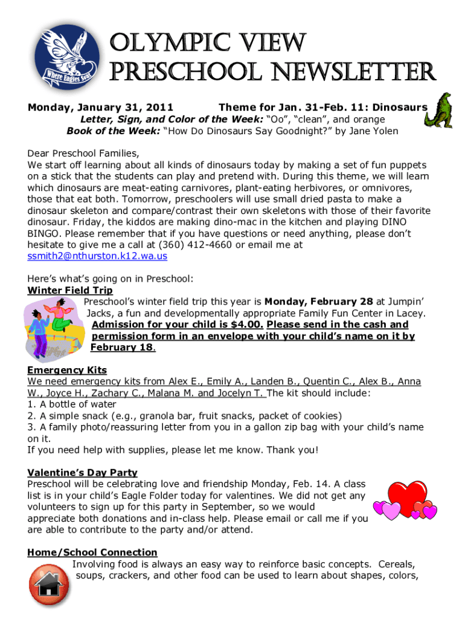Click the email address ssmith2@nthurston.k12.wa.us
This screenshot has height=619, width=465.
point(97,256)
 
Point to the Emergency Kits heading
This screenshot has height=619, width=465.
point(67,370)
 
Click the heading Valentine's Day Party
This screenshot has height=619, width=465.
point(82,473)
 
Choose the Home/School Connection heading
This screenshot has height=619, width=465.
point(92,553)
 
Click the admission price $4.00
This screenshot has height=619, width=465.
point(244,325)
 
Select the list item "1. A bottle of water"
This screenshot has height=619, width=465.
point(72,404)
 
